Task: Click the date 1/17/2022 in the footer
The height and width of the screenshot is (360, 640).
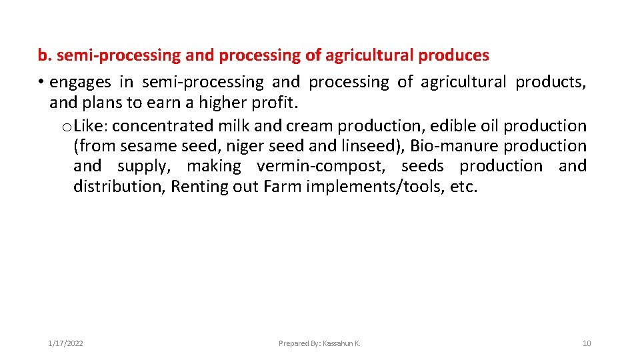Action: coord(65,343)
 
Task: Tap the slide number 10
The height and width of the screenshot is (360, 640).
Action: coord(587,343)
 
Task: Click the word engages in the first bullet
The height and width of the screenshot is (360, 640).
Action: coord(81,82)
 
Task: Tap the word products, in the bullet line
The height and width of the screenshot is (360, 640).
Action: coord(551,82)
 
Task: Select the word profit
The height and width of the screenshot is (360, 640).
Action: coord(275,103)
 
